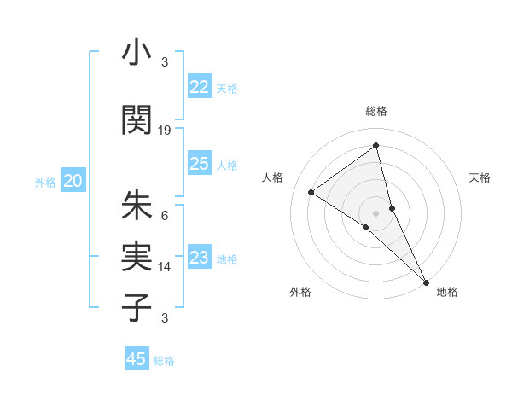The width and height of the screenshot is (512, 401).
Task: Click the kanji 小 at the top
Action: coord(137,54)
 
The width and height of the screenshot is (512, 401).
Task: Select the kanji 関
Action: coord(137,120)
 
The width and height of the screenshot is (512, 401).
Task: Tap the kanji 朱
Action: coord(137,206)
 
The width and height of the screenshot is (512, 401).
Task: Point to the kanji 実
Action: coord(137,257)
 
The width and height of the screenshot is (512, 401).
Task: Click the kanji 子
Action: coord(137,308)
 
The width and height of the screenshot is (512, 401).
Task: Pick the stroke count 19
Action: coord(165,130)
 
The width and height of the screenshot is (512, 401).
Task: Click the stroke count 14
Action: coord(165,266)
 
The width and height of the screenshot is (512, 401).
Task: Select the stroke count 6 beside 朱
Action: coord(165,215)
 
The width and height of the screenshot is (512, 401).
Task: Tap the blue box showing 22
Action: coord(199,87)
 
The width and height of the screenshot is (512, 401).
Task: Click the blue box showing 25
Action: coord(199,164)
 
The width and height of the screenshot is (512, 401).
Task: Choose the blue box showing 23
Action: coord(199,258)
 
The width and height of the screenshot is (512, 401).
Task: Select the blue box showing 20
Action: coord(73,181)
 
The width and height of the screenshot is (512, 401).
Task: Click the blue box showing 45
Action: coord(137,359)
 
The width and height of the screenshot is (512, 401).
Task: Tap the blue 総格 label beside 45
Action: coord(164,361)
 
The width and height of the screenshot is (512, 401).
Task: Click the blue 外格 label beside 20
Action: coord(45,182)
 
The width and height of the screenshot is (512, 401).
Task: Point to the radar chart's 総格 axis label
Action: coord(375,111)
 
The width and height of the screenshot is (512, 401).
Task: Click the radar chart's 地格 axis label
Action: coord(447,293)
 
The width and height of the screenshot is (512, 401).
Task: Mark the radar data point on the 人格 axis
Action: coord(311,192)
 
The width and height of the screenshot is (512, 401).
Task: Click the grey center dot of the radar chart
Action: coord(375,212)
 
